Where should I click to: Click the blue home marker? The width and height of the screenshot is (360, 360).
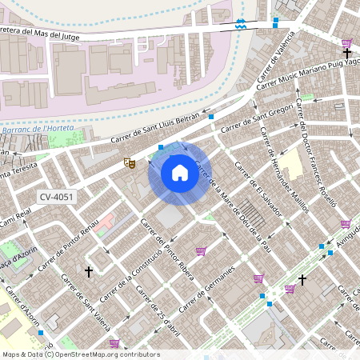179,172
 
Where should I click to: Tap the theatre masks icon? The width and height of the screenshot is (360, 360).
129,163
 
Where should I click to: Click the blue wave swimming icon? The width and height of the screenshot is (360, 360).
241,24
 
